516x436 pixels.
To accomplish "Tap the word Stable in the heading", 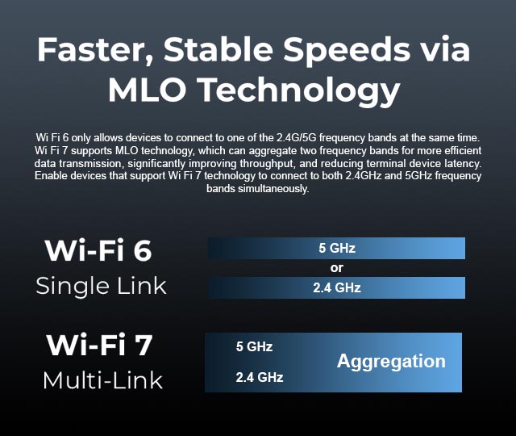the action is [218, 49].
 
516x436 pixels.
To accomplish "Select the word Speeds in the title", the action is [347, 52].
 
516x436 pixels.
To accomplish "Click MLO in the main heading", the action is [148, 90].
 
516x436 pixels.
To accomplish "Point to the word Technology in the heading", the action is [300, 91].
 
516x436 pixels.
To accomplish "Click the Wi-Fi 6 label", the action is [98, 250].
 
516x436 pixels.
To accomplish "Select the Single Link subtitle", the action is [101, 286].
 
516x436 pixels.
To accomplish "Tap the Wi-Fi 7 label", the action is [99, 345].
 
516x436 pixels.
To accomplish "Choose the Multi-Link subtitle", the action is [102, 380].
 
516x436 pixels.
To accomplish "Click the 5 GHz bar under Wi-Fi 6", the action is [337, 248].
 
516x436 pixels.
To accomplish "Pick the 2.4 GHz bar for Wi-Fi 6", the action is [337, 287].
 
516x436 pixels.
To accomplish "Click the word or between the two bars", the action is [337, 268].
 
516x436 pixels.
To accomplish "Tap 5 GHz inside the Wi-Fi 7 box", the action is [254, 346].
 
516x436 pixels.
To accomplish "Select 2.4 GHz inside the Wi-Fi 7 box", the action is [260, 377].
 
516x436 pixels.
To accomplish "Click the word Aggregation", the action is [391, 362].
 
